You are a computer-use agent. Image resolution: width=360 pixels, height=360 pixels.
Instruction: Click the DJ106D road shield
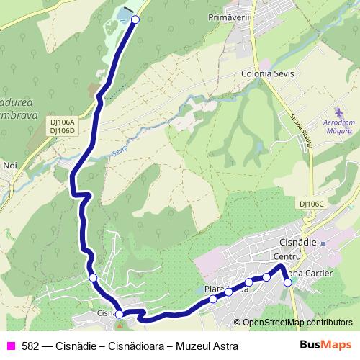63,131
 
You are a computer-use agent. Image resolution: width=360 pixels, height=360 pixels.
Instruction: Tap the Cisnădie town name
297,243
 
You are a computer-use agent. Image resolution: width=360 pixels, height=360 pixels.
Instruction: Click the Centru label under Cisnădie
287,256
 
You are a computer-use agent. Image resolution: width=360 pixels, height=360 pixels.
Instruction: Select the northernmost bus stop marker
135,19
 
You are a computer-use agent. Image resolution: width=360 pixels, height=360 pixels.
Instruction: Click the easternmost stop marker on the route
288,282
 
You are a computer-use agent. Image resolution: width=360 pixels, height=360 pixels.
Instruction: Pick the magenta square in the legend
11,346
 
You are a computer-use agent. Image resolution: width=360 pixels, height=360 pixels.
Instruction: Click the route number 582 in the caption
30,346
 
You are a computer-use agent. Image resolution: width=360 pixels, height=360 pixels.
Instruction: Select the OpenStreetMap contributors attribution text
297,323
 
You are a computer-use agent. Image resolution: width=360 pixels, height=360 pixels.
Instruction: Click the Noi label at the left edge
9,165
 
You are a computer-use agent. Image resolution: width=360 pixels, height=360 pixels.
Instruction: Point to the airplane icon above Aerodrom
338,112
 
